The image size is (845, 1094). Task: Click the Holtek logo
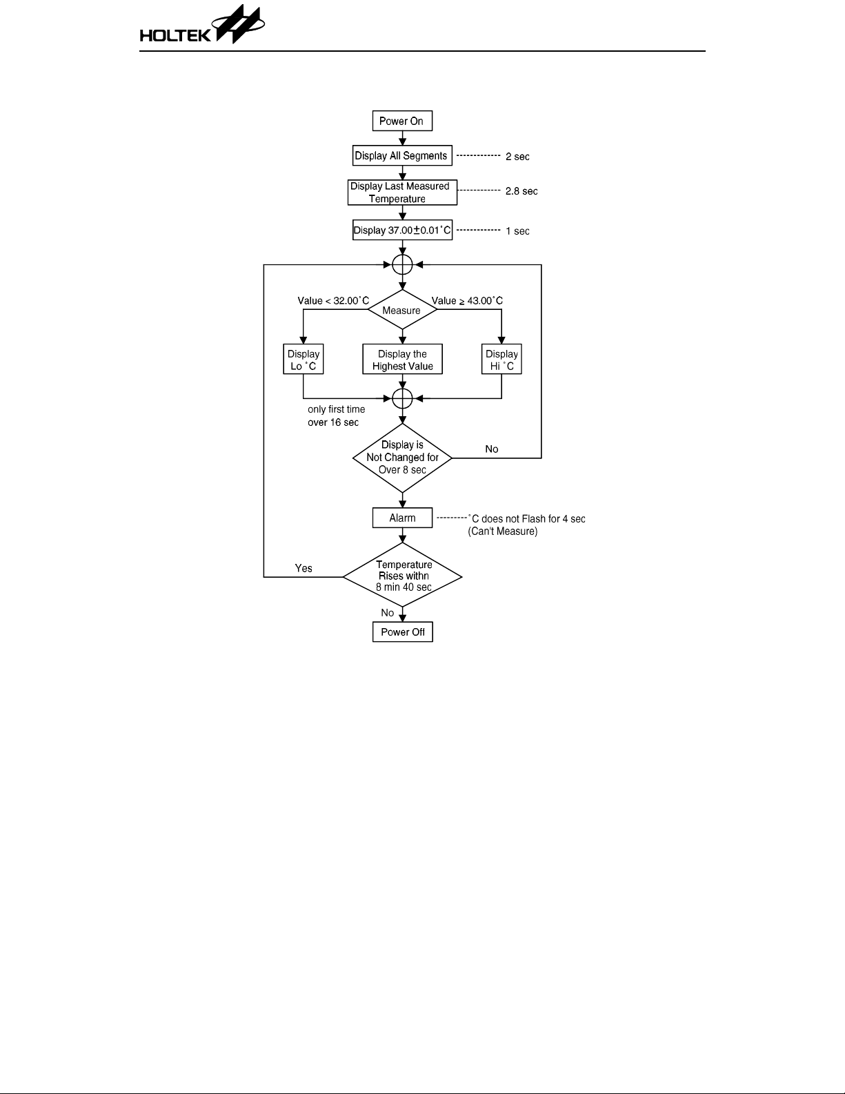coord(202,27)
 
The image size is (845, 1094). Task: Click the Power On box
coord(402,121)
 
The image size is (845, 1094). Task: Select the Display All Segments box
coord(402,156)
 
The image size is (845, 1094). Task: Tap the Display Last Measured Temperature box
coord(402,193)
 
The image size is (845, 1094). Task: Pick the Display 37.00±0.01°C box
coord(402,231)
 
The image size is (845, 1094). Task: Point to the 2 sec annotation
coord(517,157)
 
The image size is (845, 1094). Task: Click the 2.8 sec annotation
coord(521,191)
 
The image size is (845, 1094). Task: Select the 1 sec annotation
coord(517,231)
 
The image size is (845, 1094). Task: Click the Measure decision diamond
coord(402,311)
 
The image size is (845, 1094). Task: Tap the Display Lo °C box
coord(304,360)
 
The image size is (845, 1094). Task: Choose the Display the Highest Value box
coord(402,360)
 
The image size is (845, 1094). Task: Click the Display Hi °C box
coord(501,360)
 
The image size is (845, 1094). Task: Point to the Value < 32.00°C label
coord(333,301)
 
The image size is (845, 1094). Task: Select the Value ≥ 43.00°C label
coord(467,301)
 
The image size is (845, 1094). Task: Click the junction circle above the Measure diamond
coord(402,264)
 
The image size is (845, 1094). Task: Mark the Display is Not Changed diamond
coord(402,458)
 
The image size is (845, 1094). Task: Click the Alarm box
coord(402,518)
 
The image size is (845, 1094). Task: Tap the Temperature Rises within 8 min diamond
coord(403,576)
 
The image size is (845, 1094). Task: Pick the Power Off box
coord(403,632)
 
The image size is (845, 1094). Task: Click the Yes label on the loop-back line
coord(304,569)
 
